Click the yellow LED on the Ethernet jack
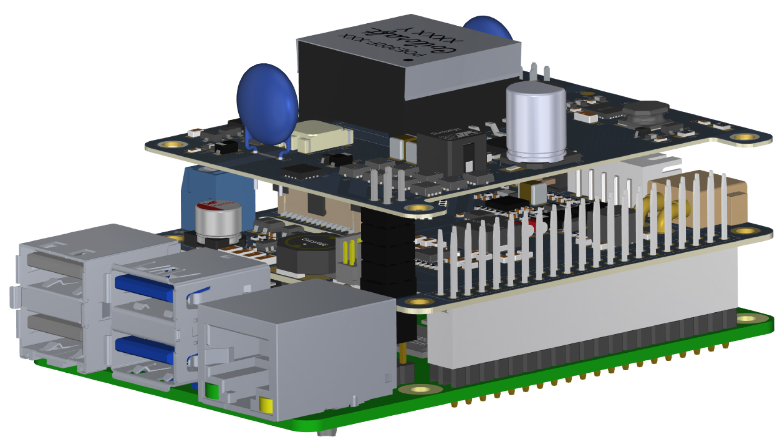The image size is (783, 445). point(266,405)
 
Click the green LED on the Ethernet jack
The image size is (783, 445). point(212,391)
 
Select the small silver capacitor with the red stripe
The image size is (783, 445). point(218,222)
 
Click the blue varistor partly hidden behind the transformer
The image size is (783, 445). point(488,27)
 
